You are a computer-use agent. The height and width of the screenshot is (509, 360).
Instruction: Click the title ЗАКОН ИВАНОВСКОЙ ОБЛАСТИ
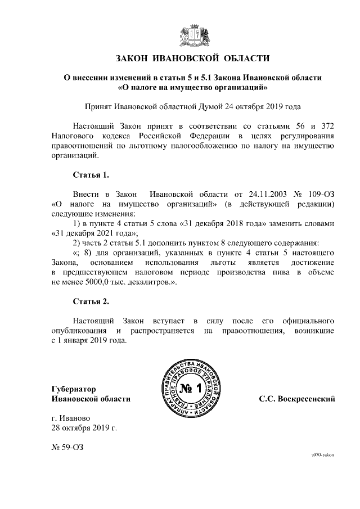point(192,58)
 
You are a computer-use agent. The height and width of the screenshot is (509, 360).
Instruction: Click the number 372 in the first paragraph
point(327,125)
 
